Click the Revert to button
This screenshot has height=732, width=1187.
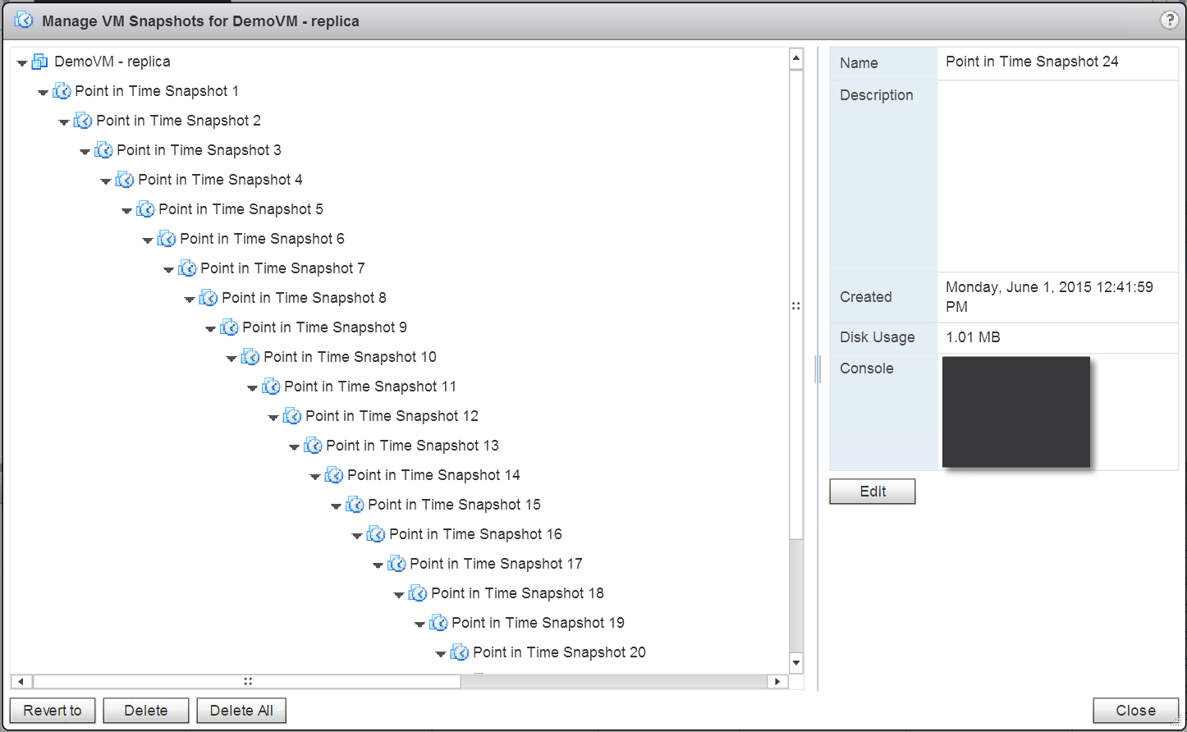click(x=53, y=711)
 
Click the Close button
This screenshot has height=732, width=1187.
click(x=1135, y=711)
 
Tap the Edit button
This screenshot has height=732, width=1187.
click(x=873, y=492)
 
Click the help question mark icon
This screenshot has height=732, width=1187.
click(x=1169, y=21)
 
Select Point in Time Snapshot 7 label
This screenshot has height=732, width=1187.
click(x=282, y=268)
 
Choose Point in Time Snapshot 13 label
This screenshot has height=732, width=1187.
click(x=412, y=446)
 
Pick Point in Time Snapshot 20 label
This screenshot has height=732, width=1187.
click(x=559, y=652)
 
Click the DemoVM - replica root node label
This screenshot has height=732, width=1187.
click(x=112, y=62)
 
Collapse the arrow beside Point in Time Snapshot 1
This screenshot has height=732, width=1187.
click(x=43, y=93)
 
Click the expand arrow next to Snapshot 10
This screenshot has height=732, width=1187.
click(x=231, y=359)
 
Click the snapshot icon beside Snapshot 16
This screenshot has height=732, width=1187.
click(x=376, y=534)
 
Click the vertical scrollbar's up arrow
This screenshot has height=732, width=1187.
click(x=796, y=57)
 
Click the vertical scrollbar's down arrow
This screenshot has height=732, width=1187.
click(x=796, y=662)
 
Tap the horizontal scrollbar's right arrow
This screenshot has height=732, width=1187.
click(x=777, y=681)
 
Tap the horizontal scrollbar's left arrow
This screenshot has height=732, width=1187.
click(x=21, y=681)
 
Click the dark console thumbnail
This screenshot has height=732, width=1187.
click(x=1015, y=412)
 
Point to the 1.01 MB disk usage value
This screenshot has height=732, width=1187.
click(x=973, y=337)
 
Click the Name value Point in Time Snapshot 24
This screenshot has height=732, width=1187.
click(x=1032, y=62)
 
